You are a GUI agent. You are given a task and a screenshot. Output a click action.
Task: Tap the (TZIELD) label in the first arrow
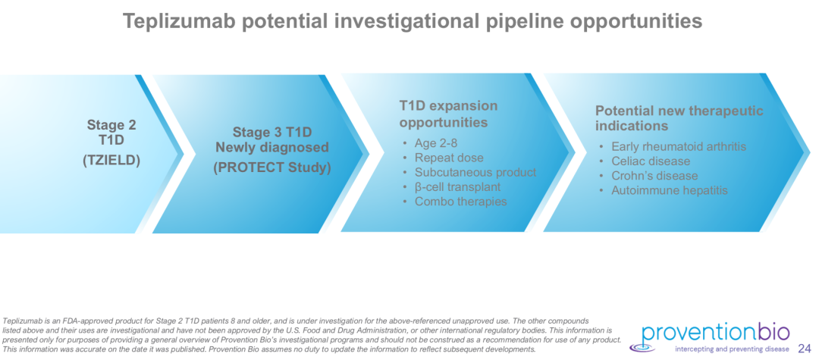(111, 161)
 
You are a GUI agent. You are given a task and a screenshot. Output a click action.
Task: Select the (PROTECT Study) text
(272, 168)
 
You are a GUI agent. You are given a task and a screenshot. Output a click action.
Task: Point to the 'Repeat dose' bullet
(449, 158)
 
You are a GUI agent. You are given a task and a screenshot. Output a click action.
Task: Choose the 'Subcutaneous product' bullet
(475, 172)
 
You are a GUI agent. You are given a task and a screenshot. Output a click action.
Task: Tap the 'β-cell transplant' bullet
(457, 186)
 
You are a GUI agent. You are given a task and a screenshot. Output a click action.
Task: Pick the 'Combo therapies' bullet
(461, 202)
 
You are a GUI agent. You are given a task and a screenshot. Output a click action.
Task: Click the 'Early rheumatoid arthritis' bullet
(679, 146)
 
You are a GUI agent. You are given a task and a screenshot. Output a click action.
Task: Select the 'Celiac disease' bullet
(651, 161)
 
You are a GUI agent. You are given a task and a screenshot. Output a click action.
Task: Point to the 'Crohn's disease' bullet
(654, 176)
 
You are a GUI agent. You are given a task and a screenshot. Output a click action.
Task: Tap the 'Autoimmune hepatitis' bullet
(669, 190)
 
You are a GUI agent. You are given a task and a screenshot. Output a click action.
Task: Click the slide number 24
(805, 349)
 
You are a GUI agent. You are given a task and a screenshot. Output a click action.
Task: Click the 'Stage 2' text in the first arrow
(111, 125)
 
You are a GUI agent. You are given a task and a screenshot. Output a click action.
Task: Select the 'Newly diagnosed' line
(272, 148)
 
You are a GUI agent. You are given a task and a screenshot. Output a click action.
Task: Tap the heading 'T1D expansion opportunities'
(449, 114)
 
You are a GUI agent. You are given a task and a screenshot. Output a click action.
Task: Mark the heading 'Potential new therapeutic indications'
(679, 118)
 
